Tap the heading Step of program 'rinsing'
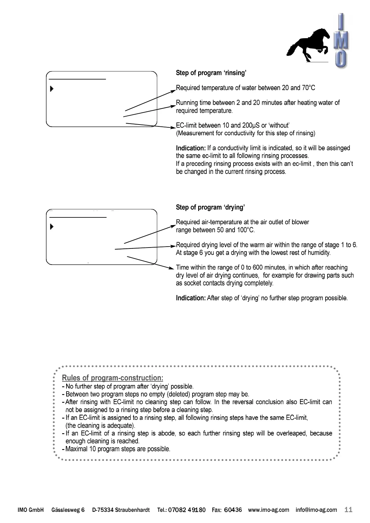(211, 73)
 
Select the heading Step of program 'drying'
(210, 207)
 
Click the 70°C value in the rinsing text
(308, 88)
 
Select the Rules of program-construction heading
(112, 378)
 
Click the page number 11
(349, 510)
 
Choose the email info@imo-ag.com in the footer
(316, 510)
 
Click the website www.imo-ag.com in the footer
(268, 510)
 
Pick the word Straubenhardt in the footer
(132, 510)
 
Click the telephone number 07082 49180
(187, 510)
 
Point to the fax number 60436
(233, 510)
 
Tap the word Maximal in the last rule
(76, 449)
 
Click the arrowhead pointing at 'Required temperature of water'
(174, 91)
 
